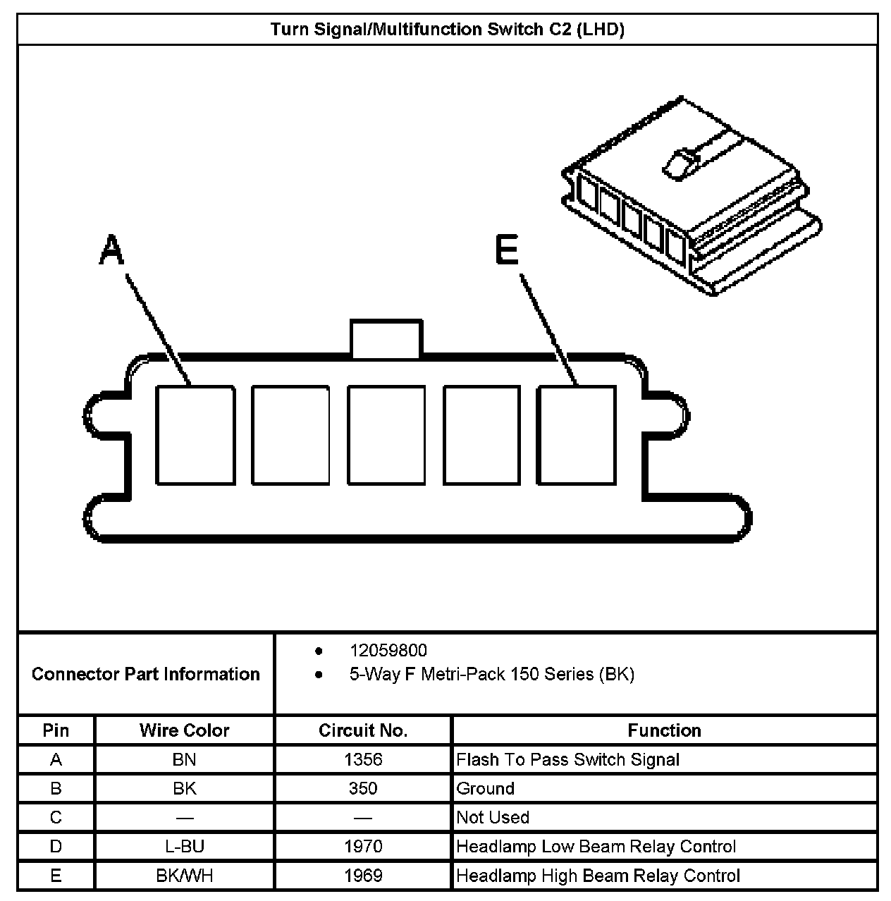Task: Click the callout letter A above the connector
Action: pos(111,250)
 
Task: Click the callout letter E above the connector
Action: pos(507,250)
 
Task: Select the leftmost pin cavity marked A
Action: pos(195,435)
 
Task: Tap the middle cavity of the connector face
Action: pos(386,435)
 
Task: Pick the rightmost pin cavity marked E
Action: pos(577,435)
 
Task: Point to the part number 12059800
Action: pos(388,650)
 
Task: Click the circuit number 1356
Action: pos(363,759)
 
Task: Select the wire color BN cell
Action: pos(184,759)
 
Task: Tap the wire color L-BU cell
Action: pos(184,846)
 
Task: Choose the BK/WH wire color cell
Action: pos(184,876)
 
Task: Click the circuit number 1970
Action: pos(363,846)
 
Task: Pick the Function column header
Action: pos(664,730)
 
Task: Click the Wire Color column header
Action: pos(184,730)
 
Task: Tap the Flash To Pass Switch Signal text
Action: pos(568,759)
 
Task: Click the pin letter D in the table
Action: pos(56,846)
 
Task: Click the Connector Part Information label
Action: pos(145,674)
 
